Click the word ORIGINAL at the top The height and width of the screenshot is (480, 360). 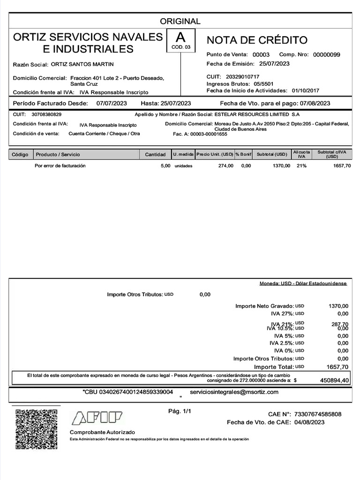point(180,21)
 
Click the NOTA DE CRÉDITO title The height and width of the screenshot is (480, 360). point(257,40)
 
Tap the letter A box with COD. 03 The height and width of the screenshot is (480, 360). point(180,40)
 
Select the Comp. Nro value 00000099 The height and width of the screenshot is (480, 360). point(326,55)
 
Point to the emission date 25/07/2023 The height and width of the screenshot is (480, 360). point(274,64)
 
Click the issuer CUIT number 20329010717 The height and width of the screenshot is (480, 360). point(242,76)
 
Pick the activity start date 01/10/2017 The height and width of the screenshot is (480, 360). point(305,90)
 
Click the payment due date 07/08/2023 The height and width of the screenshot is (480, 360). point(315,104)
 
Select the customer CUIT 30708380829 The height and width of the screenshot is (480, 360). point(46,114)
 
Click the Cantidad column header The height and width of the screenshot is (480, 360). point(155,155)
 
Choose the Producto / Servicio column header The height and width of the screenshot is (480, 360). point(58,155)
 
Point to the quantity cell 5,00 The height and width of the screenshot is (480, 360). point(165,166)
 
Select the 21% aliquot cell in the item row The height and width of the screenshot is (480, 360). point(301,166)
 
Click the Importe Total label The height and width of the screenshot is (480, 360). point(274,367)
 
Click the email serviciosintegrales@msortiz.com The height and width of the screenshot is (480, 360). point(234,392)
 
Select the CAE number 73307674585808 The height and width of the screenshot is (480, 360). point(318,414)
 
